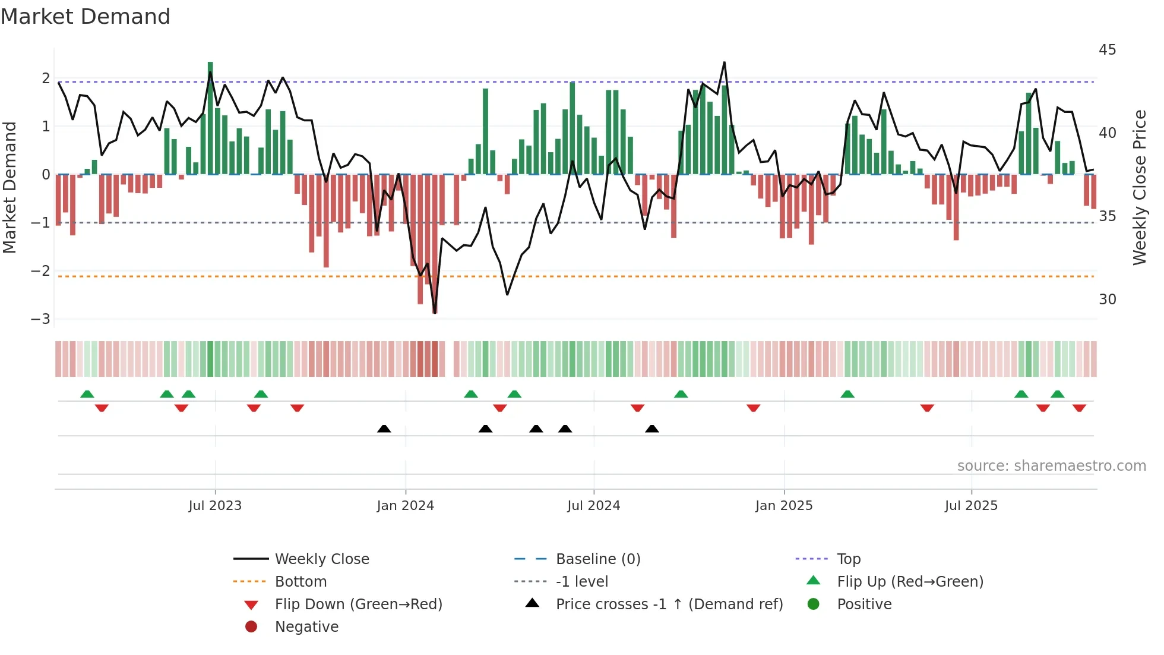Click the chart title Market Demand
coord(86,17)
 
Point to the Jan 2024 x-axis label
coord(405,506)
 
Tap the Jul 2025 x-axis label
coord(971,506)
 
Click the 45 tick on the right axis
coord(1107,50)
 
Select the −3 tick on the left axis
coord(41,319)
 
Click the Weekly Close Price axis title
coord(1139,187)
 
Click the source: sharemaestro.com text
coord(1051,466)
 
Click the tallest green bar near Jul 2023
coord(210,119)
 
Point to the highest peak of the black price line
coord(725,63)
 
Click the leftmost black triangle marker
coord(384,429)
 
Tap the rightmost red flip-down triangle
coord(1079,408)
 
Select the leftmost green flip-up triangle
coord(87,394)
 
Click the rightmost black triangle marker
coord(652,429)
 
